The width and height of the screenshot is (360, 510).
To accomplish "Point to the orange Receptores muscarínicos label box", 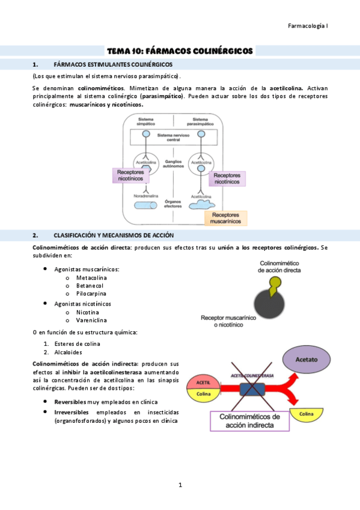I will click(x=226, y=218).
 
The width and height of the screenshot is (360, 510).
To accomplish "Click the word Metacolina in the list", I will click(x=91, y=278).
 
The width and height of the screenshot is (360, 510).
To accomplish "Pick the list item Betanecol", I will click(x=90, y=286).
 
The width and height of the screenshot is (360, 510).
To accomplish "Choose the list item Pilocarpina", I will click(x=91, y=294).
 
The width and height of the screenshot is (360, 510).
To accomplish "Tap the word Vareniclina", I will click(x=92, y=321).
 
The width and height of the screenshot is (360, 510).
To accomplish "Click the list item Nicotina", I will click(x=88, y=312).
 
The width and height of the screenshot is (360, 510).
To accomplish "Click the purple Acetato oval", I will click(x=307, y=358).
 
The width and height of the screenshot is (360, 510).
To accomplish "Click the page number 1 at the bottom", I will click(x=180, y=485).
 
